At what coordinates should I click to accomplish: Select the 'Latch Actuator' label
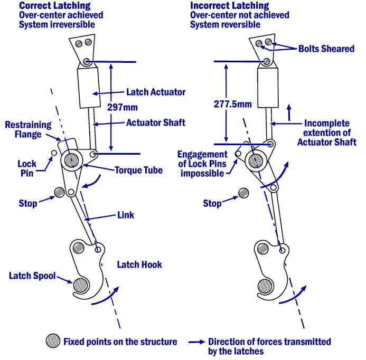point(156,92)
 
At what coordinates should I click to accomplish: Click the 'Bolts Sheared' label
point(325,49)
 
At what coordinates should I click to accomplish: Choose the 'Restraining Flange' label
point(28,130)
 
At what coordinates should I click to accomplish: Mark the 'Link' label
point(126,215)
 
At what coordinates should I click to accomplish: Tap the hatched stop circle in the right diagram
point(244,193)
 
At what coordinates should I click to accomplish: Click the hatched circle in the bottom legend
point(53,340)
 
